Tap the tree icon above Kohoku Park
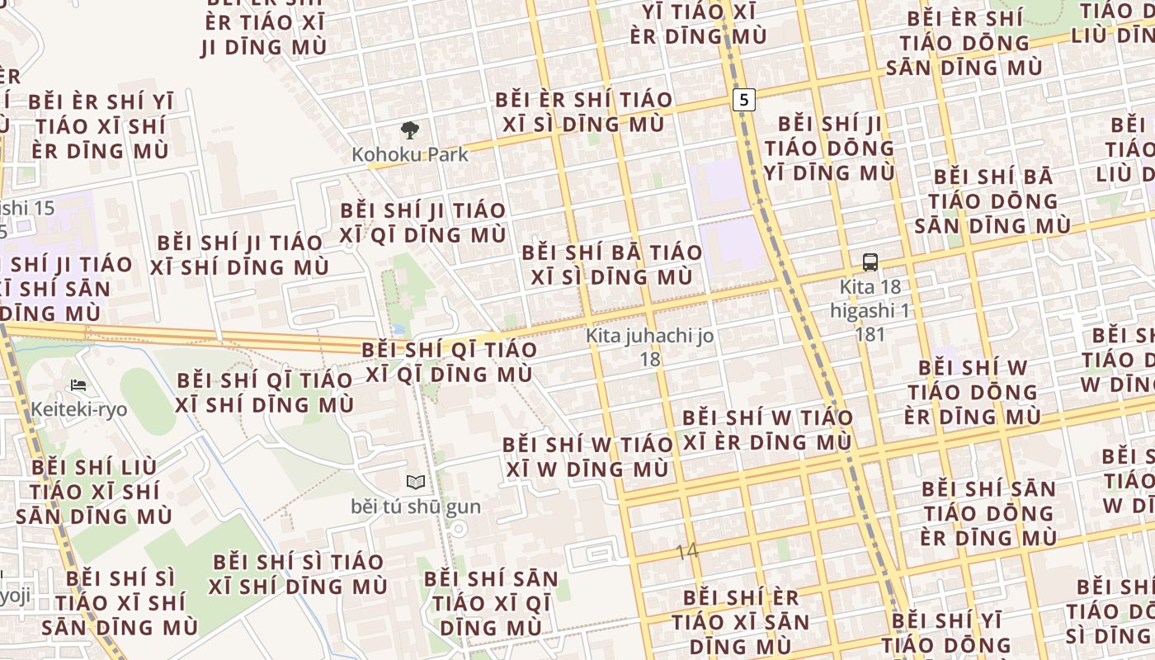(409, 130)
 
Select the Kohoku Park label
(409, 154)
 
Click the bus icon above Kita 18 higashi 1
(870, 263)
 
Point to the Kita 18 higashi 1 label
(870, 310)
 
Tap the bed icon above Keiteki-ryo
(78, 385)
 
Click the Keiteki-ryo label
(79, 409)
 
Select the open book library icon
(416, 483)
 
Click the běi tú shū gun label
(416, 506)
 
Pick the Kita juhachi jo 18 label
(650, 347)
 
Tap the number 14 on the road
(686, 551)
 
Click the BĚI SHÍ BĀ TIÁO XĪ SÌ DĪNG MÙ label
(612, 265)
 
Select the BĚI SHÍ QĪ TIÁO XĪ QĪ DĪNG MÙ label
(450, 361)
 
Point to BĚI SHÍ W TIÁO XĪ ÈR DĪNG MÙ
(767, 430)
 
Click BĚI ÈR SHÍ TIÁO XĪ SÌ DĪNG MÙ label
(584, 112)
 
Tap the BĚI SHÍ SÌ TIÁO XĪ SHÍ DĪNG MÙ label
(298, 574)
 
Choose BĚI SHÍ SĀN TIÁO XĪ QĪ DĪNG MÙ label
(491, 603)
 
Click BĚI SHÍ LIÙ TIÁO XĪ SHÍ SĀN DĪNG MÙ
(94, 492)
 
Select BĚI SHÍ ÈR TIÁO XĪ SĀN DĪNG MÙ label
(741, 620)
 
